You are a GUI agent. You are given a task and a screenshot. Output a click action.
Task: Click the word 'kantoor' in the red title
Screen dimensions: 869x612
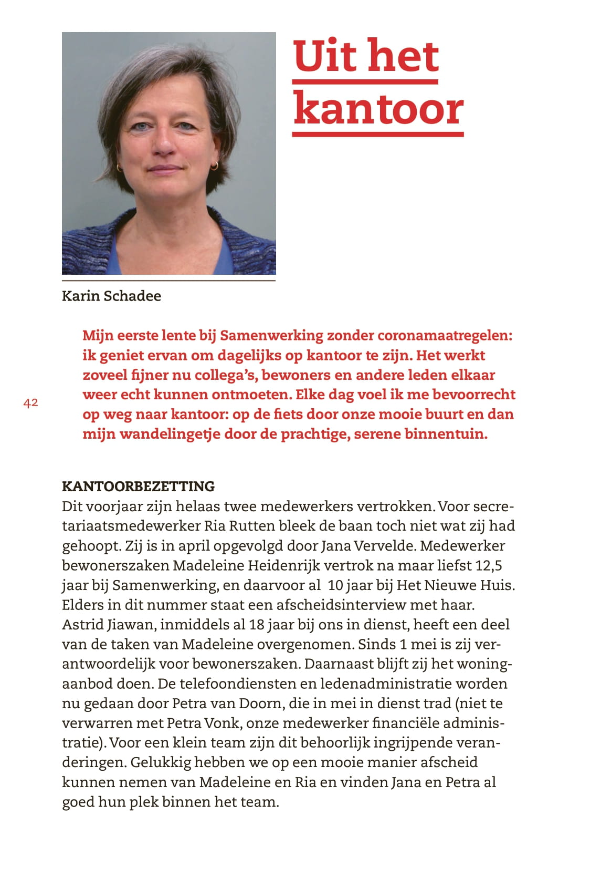coord(378,109)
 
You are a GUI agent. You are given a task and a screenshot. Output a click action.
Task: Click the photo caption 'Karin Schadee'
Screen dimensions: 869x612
coord(111,296)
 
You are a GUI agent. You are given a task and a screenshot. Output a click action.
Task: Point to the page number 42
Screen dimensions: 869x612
coord(30,403)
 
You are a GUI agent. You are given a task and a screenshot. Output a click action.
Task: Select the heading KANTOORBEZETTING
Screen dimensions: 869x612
coord(138,486)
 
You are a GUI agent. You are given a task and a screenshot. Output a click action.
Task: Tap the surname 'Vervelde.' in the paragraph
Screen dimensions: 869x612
coord(385,545)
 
